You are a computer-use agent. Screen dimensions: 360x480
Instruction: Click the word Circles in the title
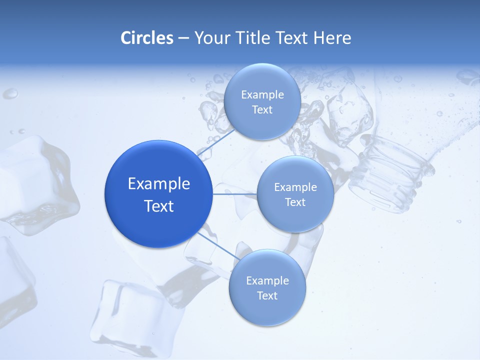click(146, 38)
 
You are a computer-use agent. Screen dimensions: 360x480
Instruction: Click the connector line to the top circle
click(216, 143)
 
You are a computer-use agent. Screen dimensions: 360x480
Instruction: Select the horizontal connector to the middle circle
click(235, 193)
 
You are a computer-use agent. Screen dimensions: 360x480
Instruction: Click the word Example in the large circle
click(159, 184)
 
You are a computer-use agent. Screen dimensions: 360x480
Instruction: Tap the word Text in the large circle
click(159, 206)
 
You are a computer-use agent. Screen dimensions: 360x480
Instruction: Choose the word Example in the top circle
click(262, 95)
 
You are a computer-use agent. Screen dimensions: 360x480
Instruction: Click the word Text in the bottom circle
click(267, 295)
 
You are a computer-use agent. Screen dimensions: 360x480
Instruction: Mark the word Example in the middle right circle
click(295, 187)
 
